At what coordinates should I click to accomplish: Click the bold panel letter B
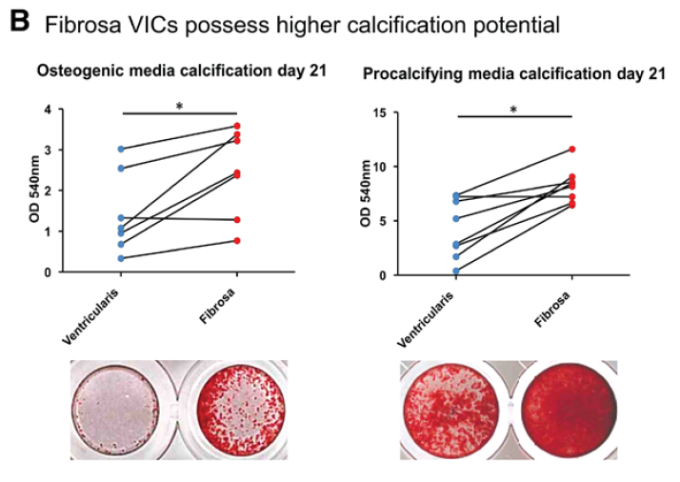pyautogui.click(x=19, y=22)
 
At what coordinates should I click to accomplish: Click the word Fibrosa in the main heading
pyautogui.click(x=83, y=25)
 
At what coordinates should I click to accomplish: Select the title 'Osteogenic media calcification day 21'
pyautogui.click(x=182, y=70)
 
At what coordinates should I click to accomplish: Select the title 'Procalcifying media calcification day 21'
pyautogui.click(x=514, y=73)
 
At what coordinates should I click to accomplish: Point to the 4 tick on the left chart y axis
pyautogui.click(x=48, y=110)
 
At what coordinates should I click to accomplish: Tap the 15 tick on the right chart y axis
pyautogui.click(x=379, y=112)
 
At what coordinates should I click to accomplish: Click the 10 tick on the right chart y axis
pyautogui.click(x=379, y=167)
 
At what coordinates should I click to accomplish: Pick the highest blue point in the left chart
pyautogui.click(x=121, y=150)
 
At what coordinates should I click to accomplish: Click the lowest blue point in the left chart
pyautogui.click(x=121, y=258)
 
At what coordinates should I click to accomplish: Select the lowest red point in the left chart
pyautogui.click(x=237, y=241)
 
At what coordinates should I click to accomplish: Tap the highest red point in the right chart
pyautogui.click(x=572, y=150)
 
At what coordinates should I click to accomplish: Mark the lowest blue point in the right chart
pyautogui.click(x=456, y=271)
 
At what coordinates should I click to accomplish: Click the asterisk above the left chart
pyautogui.click(x=179, y=106)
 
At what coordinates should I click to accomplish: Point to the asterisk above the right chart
pyautogui.click(x=513, y=110)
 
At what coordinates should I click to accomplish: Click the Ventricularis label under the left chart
pyautogui.click(x=90, y=316)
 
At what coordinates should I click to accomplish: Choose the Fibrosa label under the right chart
pyautogui.click(x=552, y=309)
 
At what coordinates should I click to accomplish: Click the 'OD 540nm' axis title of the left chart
pyautogui.click(x=34, y=190)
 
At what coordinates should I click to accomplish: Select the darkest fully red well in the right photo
pyautogui.click(x=570, y=410)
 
